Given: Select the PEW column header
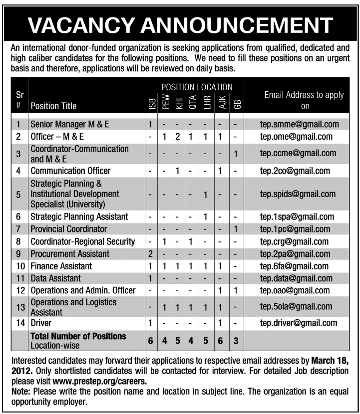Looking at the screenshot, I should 166,102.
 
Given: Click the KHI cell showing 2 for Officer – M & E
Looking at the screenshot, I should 177,136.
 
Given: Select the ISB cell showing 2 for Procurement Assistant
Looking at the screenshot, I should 149,254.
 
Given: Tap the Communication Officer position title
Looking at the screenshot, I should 70,171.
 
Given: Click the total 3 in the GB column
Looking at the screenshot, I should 237,340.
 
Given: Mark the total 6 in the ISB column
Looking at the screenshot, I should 149,340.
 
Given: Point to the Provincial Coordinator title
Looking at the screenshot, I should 69,229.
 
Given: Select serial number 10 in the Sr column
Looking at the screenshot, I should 18,266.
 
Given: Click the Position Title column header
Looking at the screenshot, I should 54,106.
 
